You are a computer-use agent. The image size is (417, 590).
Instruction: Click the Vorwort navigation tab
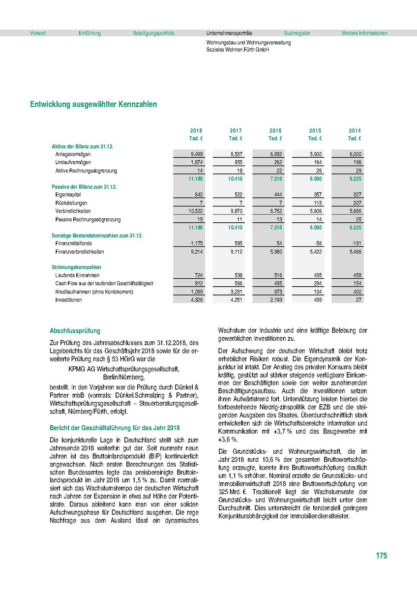point(38,33)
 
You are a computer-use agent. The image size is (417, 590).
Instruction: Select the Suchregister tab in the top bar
point(297,33)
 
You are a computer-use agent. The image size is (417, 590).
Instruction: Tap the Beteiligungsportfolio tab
point(153,33)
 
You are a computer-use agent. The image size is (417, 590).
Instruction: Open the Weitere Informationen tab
point(364,33)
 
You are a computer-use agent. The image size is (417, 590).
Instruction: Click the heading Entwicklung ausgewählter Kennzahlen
point(94,104)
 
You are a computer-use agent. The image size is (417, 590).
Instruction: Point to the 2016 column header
point(275,131)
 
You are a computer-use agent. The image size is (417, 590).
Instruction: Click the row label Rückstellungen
point(71,203)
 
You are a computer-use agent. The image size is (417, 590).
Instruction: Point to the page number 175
point(381,556)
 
